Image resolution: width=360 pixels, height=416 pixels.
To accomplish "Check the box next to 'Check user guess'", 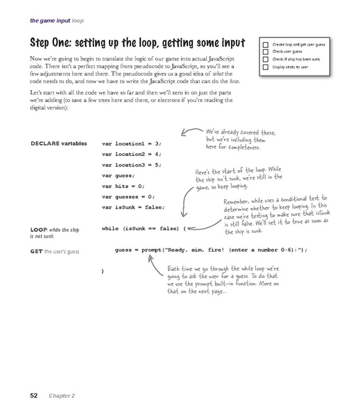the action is click(x=266, y=50).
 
